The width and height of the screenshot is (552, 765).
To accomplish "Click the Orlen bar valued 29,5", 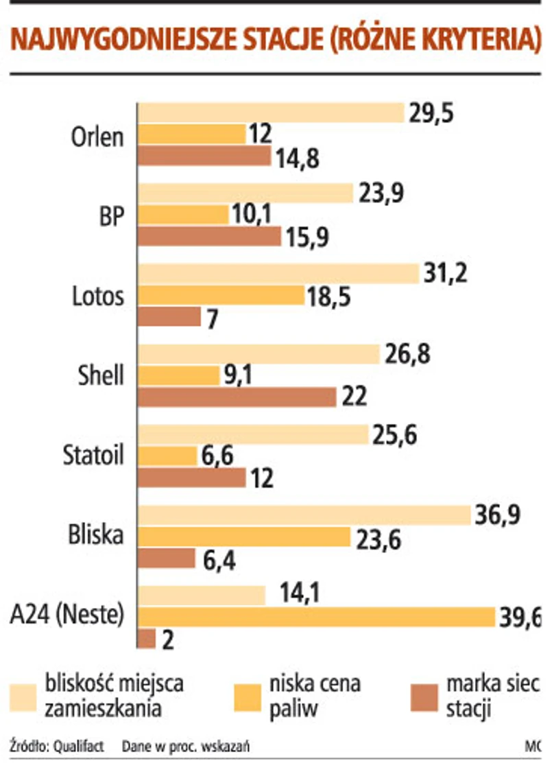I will coord(271,113).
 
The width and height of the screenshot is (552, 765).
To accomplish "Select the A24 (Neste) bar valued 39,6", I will coord(317,617).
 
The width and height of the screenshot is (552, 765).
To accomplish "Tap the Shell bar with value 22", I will coord(237,397).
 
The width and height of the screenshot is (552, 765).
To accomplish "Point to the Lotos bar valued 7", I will coord(169,316).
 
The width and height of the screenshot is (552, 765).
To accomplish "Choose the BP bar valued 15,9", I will coord(210,236).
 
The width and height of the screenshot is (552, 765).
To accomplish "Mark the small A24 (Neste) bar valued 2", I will coord(147,638).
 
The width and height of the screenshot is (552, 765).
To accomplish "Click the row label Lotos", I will coord(98,296).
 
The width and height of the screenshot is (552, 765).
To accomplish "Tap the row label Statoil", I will coord(93,456).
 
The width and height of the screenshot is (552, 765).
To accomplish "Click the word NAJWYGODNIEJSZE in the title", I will coord(124,41).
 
